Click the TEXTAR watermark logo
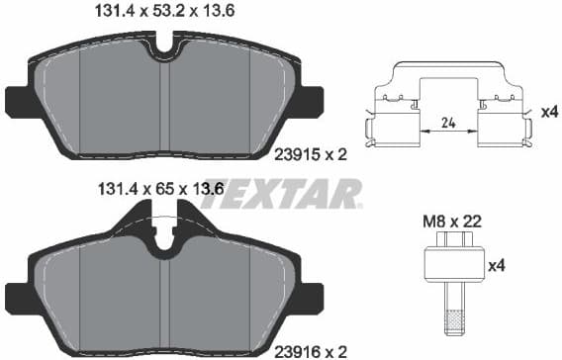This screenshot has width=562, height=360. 281,193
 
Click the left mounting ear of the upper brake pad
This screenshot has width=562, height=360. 18,100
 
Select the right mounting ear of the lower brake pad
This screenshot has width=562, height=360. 313,294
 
